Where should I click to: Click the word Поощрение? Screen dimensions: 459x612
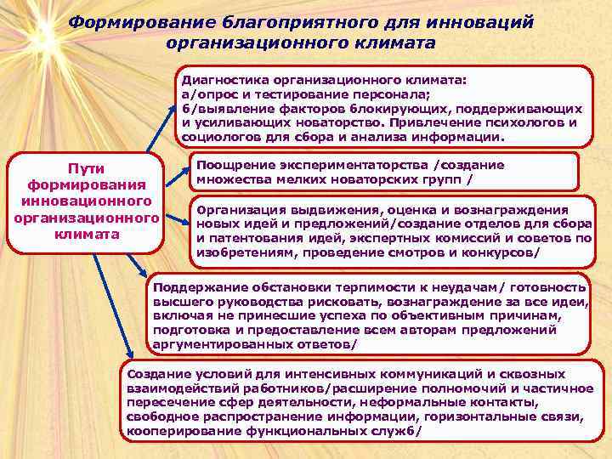pyautogui.click(x=234, y=165)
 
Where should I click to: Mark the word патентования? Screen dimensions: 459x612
pyautogui.click(x=255, y=239)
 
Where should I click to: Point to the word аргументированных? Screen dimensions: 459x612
pyautogui.click(x=217, y=343)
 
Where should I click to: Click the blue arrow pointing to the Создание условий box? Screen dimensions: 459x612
pyautogui.click(x=110, y=306)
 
